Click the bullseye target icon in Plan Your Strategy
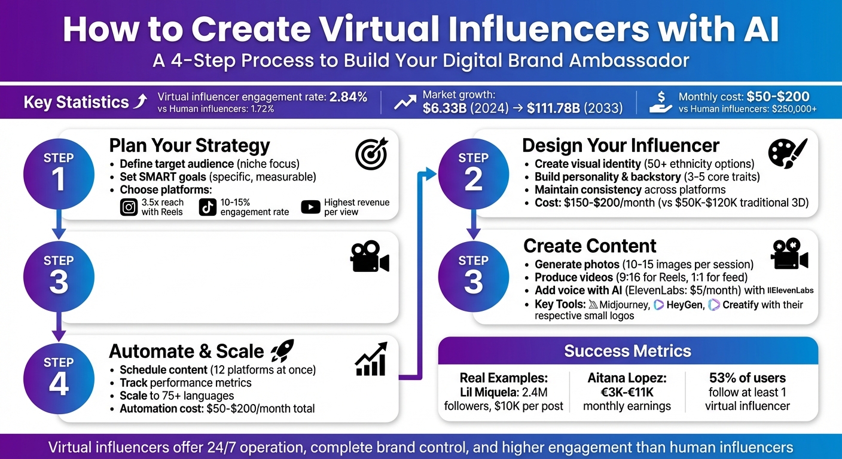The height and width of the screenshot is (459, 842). tap(371, 154)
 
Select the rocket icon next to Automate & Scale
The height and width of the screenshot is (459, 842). tap(282, 350)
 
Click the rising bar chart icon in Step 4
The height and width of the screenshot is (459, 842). tap(371, 359)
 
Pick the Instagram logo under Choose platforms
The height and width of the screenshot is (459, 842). tap(129, 207)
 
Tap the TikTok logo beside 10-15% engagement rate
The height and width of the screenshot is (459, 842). tap(208, 207)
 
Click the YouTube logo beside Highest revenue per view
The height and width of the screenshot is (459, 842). tap(310, 207)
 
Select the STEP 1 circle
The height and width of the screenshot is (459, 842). tap(59, 172)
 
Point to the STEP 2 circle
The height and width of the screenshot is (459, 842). tap(473, 172)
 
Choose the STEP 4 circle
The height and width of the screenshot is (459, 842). tap(59, 377)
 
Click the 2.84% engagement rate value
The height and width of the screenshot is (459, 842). tap(348, 97)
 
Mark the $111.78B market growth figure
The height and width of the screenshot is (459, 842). tap(553, 109)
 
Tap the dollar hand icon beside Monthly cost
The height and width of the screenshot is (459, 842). tap(661, 102)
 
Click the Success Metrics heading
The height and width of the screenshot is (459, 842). tap(627, 351)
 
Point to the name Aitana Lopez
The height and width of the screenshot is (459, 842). tap(627, 378)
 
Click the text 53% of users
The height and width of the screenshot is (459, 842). tap(747, 378)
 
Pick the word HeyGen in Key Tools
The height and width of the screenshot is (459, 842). tap(683, 305)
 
